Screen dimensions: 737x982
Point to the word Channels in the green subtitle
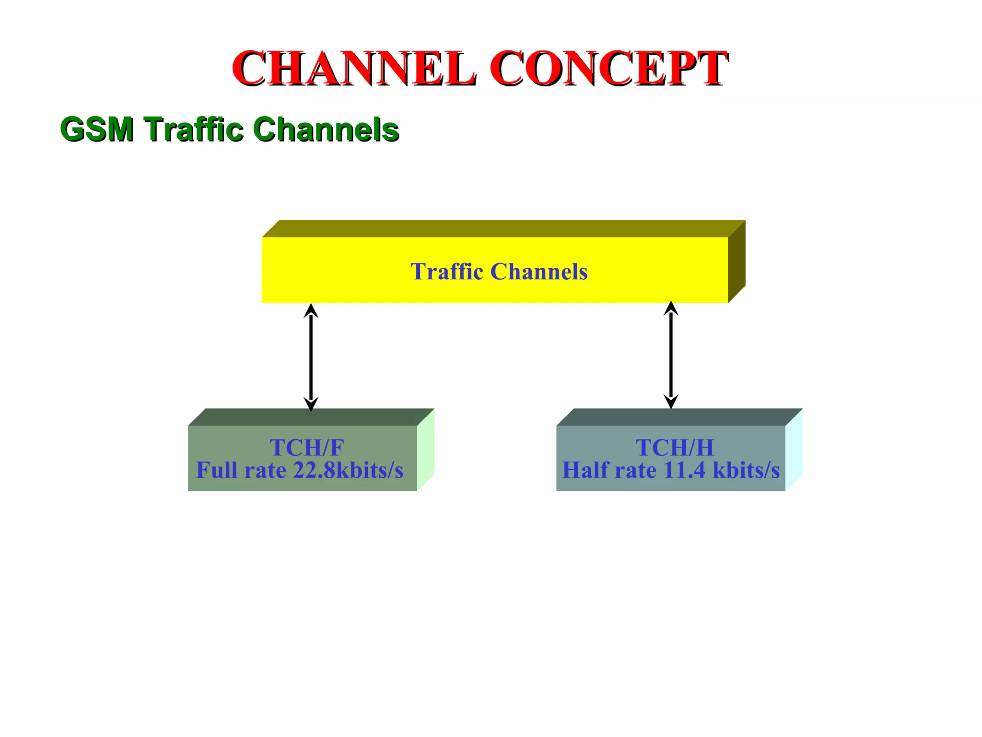point(326,130)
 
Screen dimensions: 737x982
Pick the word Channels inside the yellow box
point(539,272)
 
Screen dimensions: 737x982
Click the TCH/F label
point(307,447)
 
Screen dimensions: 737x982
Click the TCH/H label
point(675,447)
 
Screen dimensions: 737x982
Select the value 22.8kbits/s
point(348,470)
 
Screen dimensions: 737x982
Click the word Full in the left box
point(218,470)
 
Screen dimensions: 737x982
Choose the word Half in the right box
point(585,470)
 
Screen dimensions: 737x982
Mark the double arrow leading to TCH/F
point(311,357)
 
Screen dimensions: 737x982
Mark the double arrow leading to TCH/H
point(671,355)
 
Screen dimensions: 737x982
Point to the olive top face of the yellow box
point(503,228)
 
